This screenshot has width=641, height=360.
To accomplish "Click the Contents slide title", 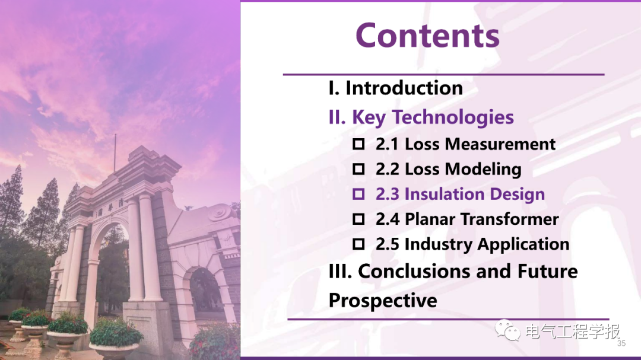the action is [427, 35].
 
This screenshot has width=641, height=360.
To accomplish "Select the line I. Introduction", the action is [396, 88].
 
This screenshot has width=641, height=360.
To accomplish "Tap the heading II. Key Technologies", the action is [421, 117].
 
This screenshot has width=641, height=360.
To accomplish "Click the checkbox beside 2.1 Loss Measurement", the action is [358, 144].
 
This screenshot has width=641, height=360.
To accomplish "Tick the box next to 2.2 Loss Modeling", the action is [358, 169].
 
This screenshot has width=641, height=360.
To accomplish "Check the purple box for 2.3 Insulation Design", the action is [358, 194].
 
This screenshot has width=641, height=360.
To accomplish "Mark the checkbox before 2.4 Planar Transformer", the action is [358, 219].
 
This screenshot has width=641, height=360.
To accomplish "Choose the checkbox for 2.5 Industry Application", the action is [358, 244].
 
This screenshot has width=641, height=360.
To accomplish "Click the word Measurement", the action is [500, 144].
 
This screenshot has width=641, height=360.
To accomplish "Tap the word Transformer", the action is [510, 219].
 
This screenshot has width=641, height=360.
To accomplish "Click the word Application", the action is [523, 244].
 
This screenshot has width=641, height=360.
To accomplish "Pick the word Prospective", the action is [383, 301].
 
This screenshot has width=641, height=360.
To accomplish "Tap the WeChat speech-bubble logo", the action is [507, 330].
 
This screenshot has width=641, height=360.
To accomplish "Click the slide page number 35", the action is [621, 343].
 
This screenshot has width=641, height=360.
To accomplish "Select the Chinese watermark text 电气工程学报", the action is [572, 331].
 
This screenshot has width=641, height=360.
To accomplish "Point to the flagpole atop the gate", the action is [115, 153].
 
